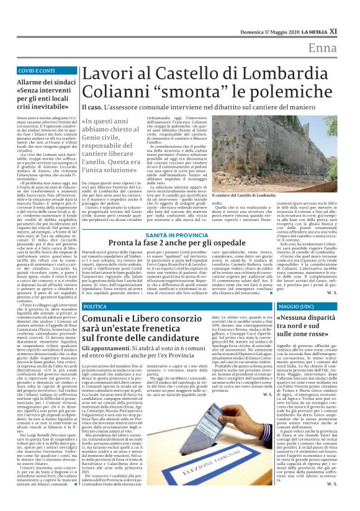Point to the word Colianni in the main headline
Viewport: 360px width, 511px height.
click(x=116, y=94)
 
